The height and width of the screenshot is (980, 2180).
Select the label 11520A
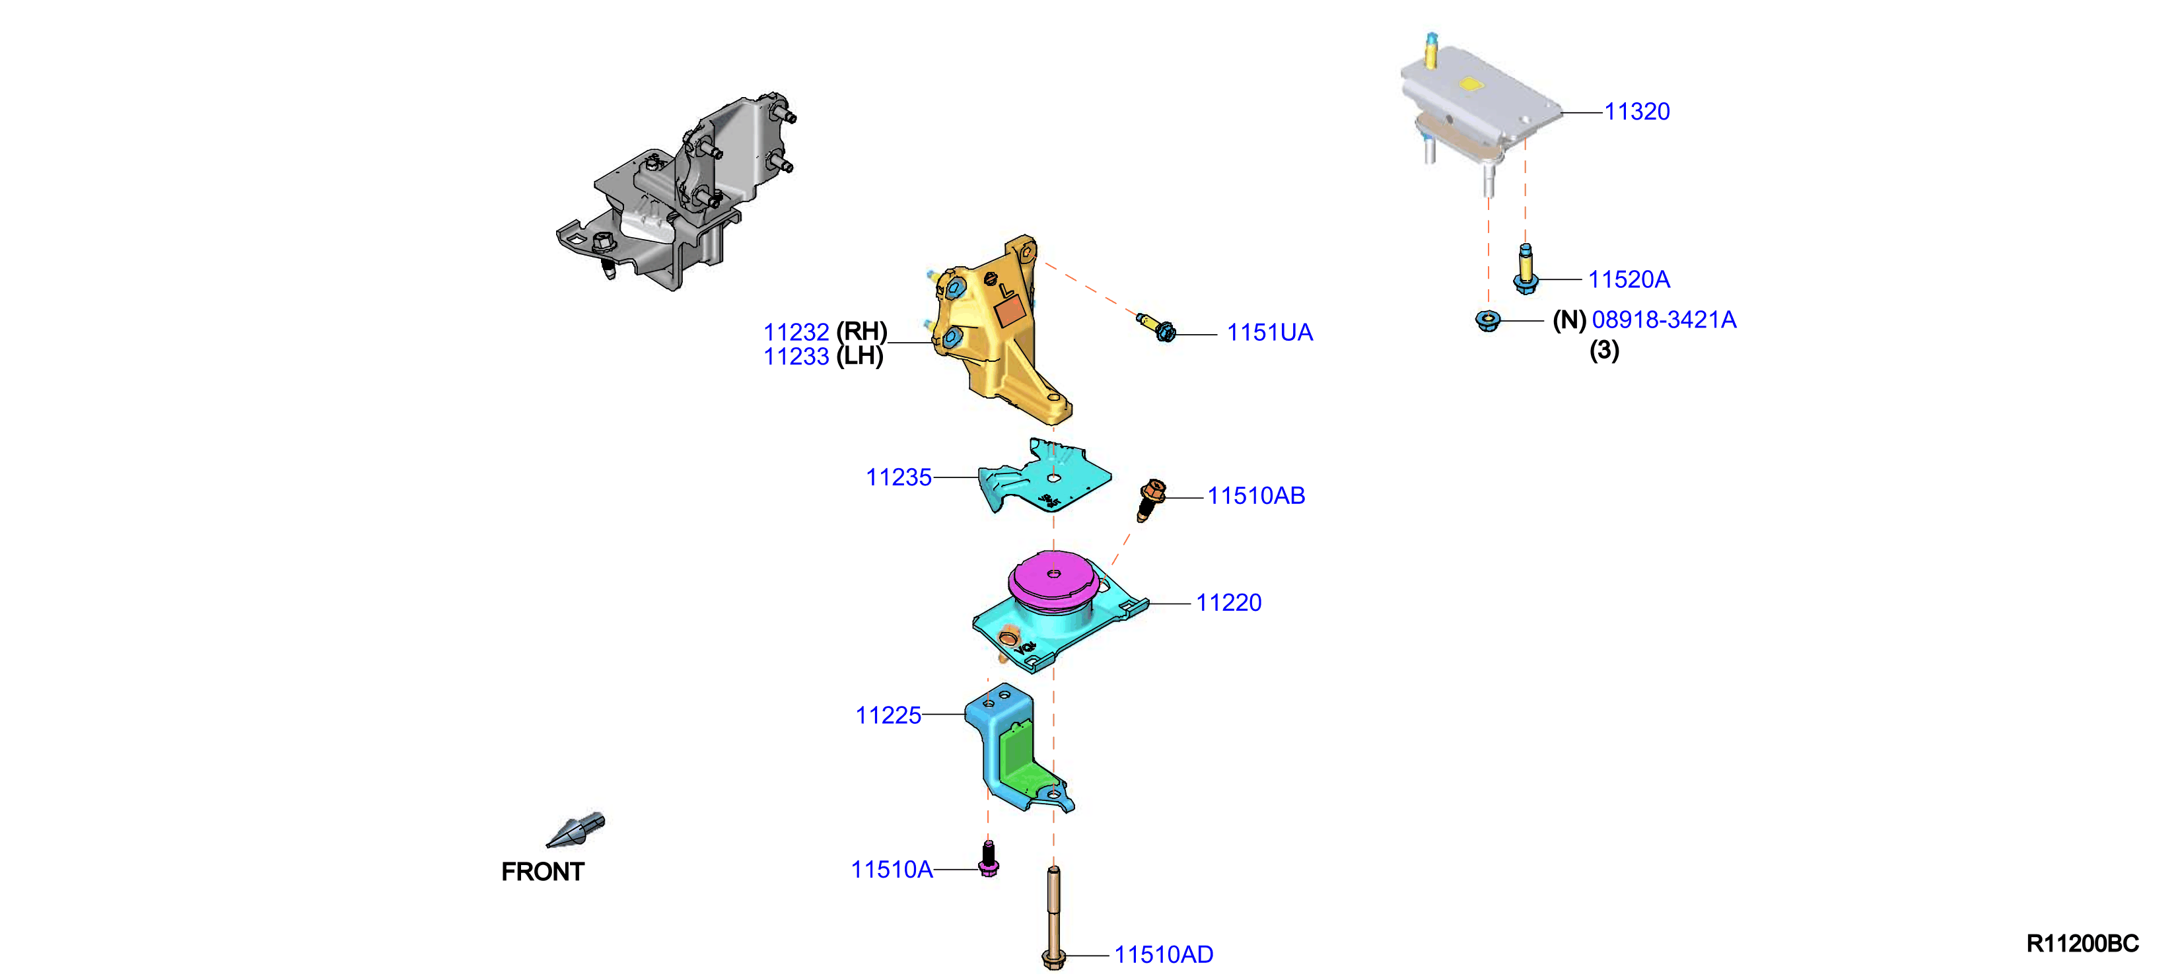(x=1629, y=279)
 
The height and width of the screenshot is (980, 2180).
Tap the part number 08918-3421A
(x=1664, y=320)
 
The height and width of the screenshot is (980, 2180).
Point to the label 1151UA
(x=1270, y=333)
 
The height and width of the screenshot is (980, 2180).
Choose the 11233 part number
(x=796, y=357)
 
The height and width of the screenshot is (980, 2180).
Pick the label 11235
(x=899, y=477)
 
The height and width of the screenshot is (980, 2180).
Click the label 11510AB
(x=1256, y=496)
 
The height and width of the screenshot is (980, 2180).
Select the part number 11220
(x=1229, y=602)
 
